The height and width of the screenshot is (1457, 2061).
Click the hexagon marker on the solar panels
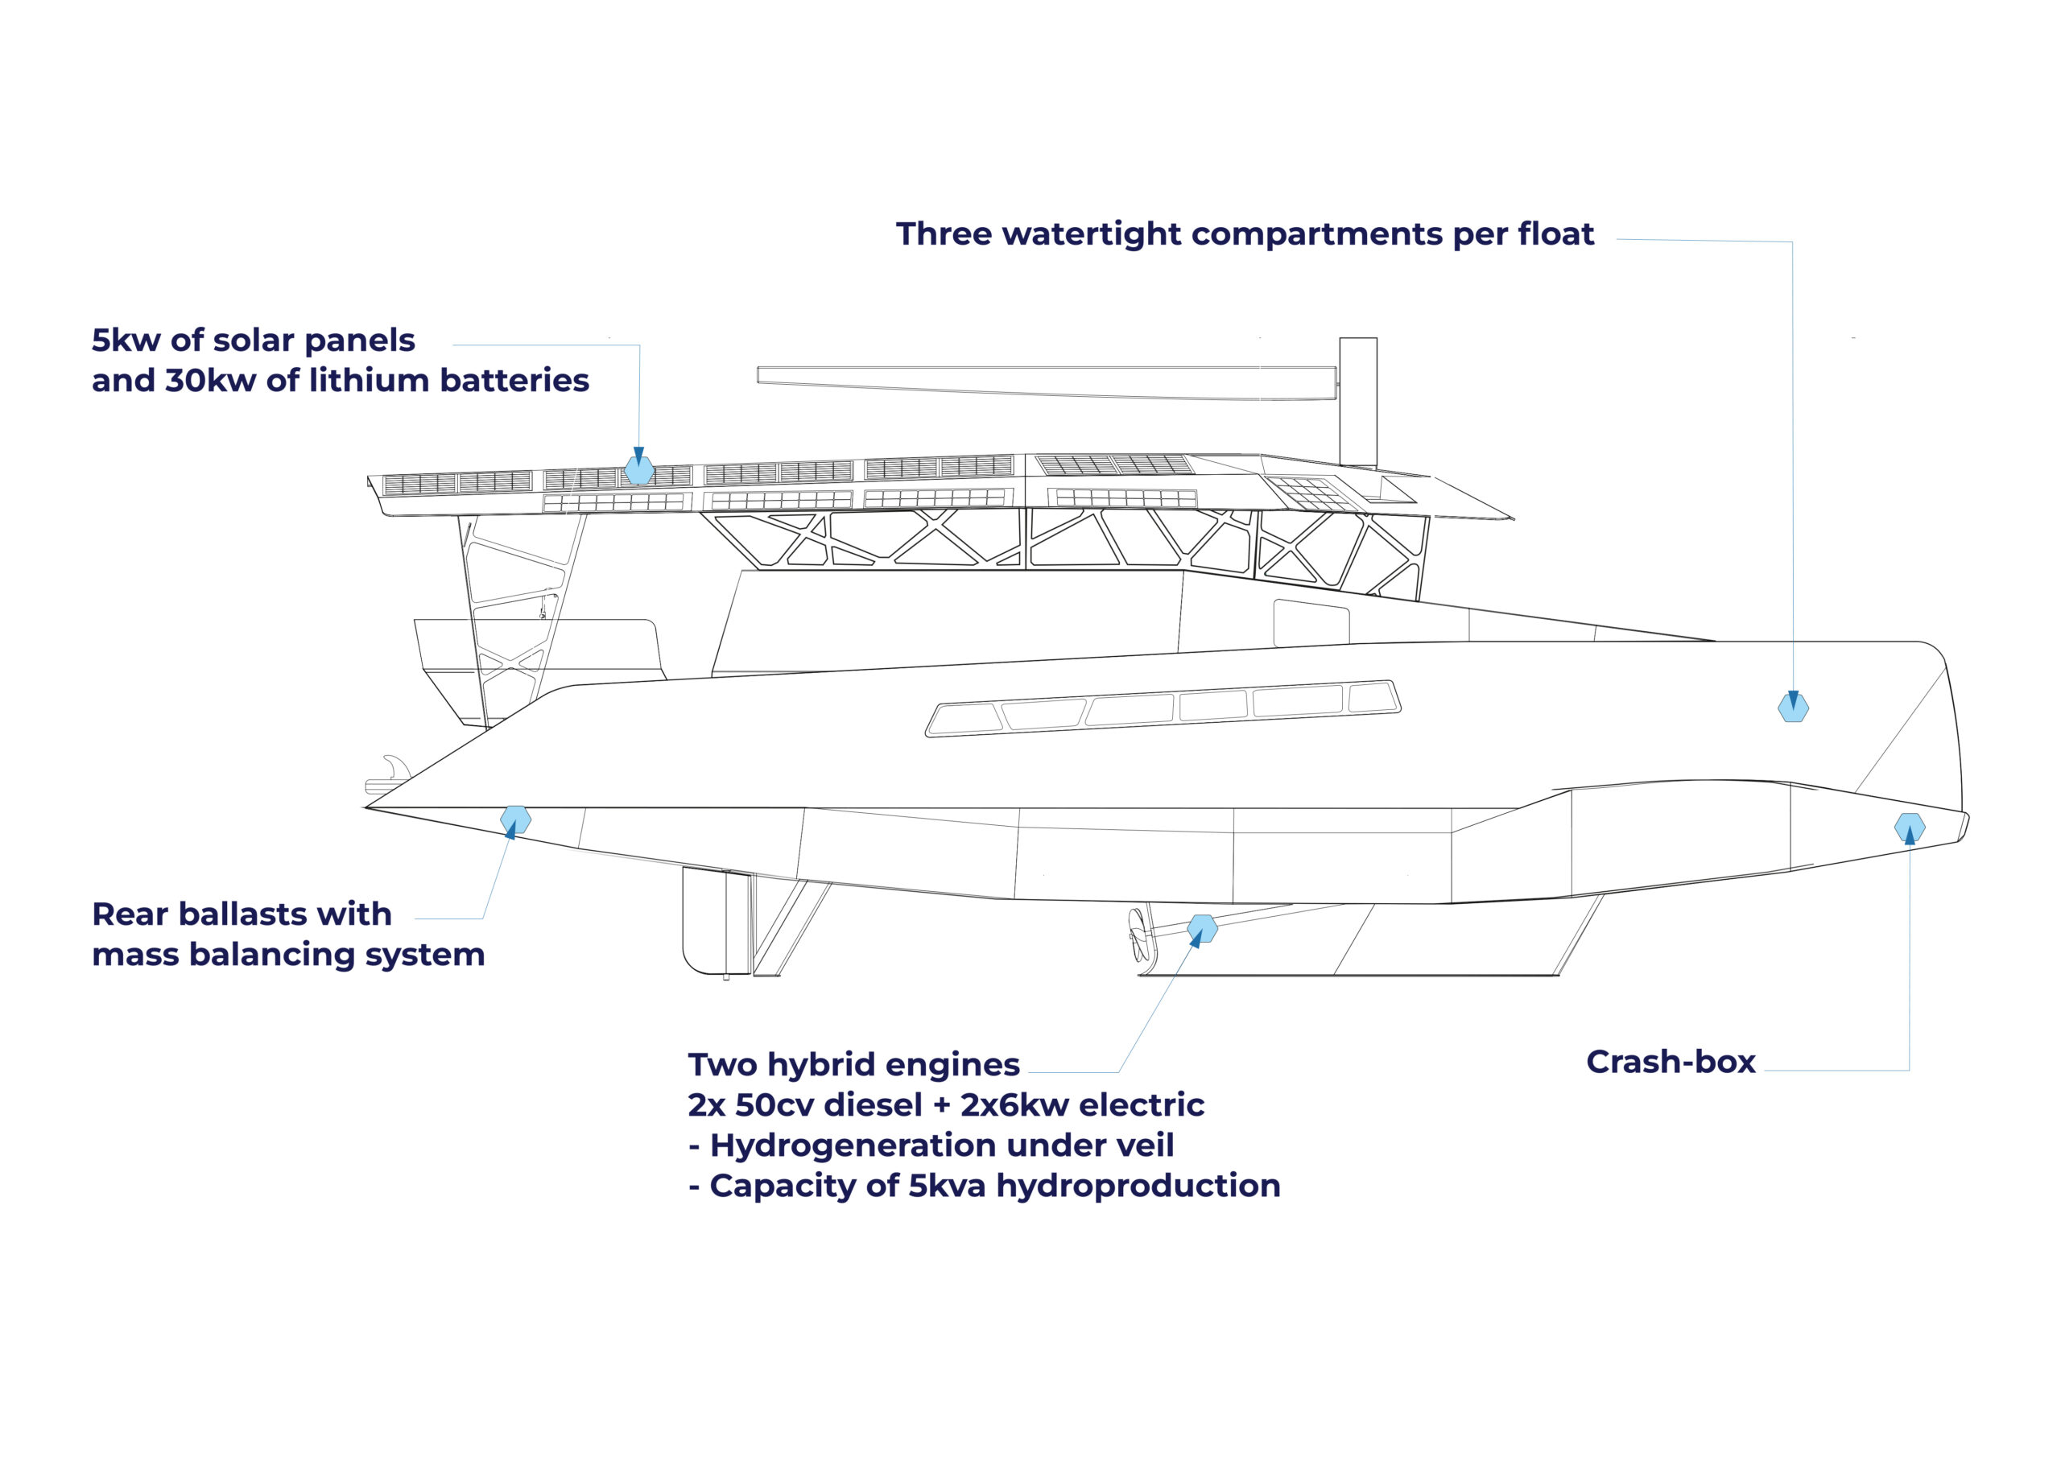(x=639, y=470)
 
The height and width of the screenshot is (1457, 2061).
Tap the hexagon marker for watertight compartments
(x=1794, y=708)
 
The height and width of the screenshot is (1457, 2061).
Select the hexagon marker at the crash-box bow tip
(x=1910, y=827)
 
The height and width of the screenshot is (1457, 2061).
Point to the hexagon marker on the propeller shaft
(x=1202, y=928)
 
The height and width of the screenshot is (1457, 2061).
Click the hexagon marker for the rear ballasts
(x=515, y=819)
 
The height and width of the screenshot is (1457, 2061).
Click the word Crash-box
(x=1671, y=1061)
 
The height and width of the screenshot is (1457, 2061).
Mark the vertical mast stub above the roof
(x=1358, y=402)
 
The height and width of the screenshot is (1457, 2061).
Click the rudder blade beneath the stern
(x=715, y=921)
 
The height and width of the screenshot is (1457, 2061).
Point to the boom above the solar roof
(x=1047, y=382)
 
